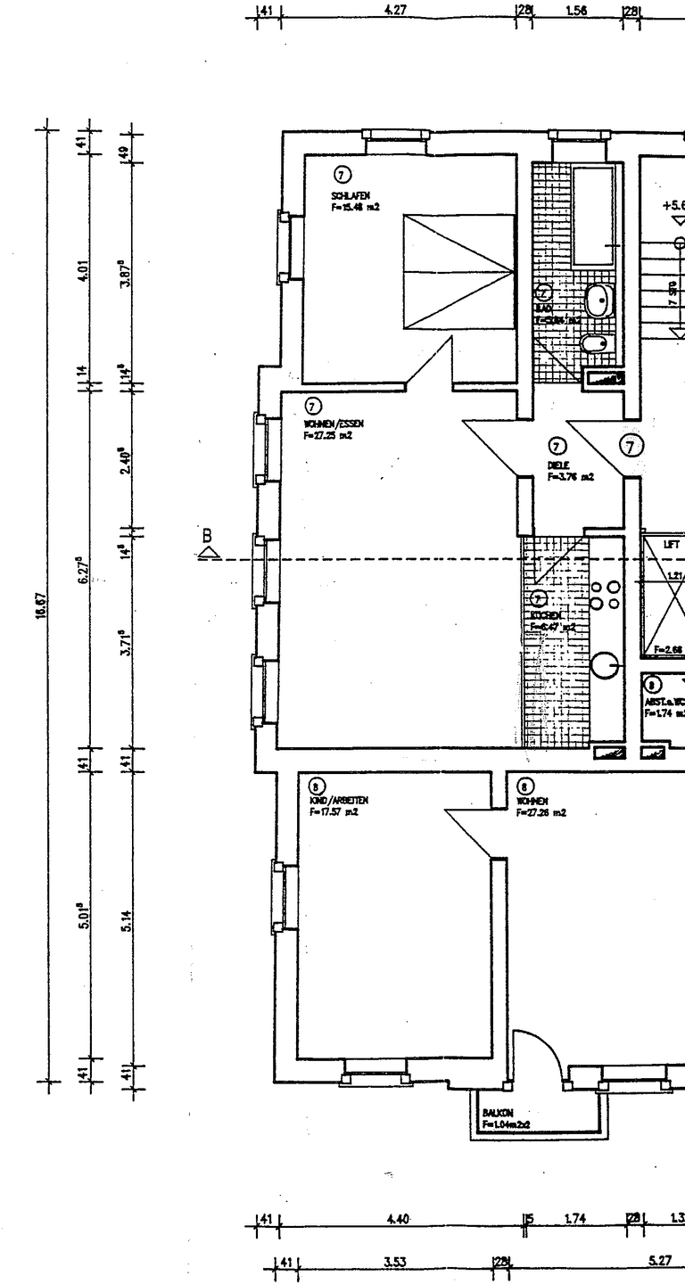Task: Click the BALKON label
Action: pyautogui.click(x=495, y=1114)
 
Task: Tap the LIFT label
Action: pyautogui.click(x=672, y=543)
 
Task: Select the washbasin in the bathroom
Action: pyautogui.click(x=599, y=302)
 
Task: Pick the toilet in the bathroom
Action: pyautogui.click(x=594, y=343)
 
